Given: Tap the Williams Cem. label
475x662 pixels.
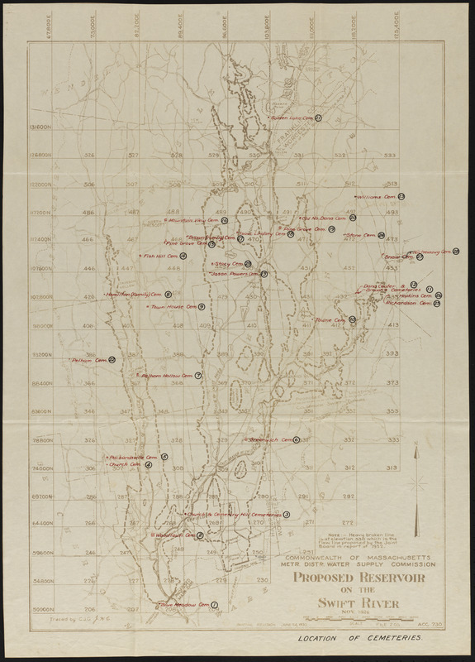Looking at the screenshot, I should coord(376,198).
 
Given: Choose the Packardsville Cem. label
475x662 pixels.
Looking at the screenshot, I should coord(132,457).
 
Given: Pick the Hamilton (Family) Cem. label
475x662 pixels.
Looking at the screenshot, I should coord(135,295).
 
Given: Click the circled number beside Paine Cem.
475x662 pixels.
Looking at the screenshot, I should coord(352,319).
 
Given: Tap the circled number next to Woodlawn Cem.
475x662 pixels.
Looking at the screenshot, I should coord(201,535).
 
